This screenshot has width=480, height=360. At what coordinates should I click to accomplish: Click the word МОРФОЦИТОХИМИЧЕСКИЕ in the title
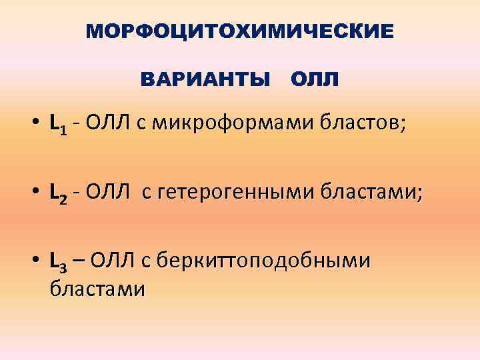[240, 31]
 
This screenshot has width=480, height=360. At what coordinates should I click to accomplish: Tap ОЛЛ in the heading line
[315, 80]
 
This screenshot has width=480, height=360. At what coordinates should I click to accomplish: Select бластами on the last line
[97, 289]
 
